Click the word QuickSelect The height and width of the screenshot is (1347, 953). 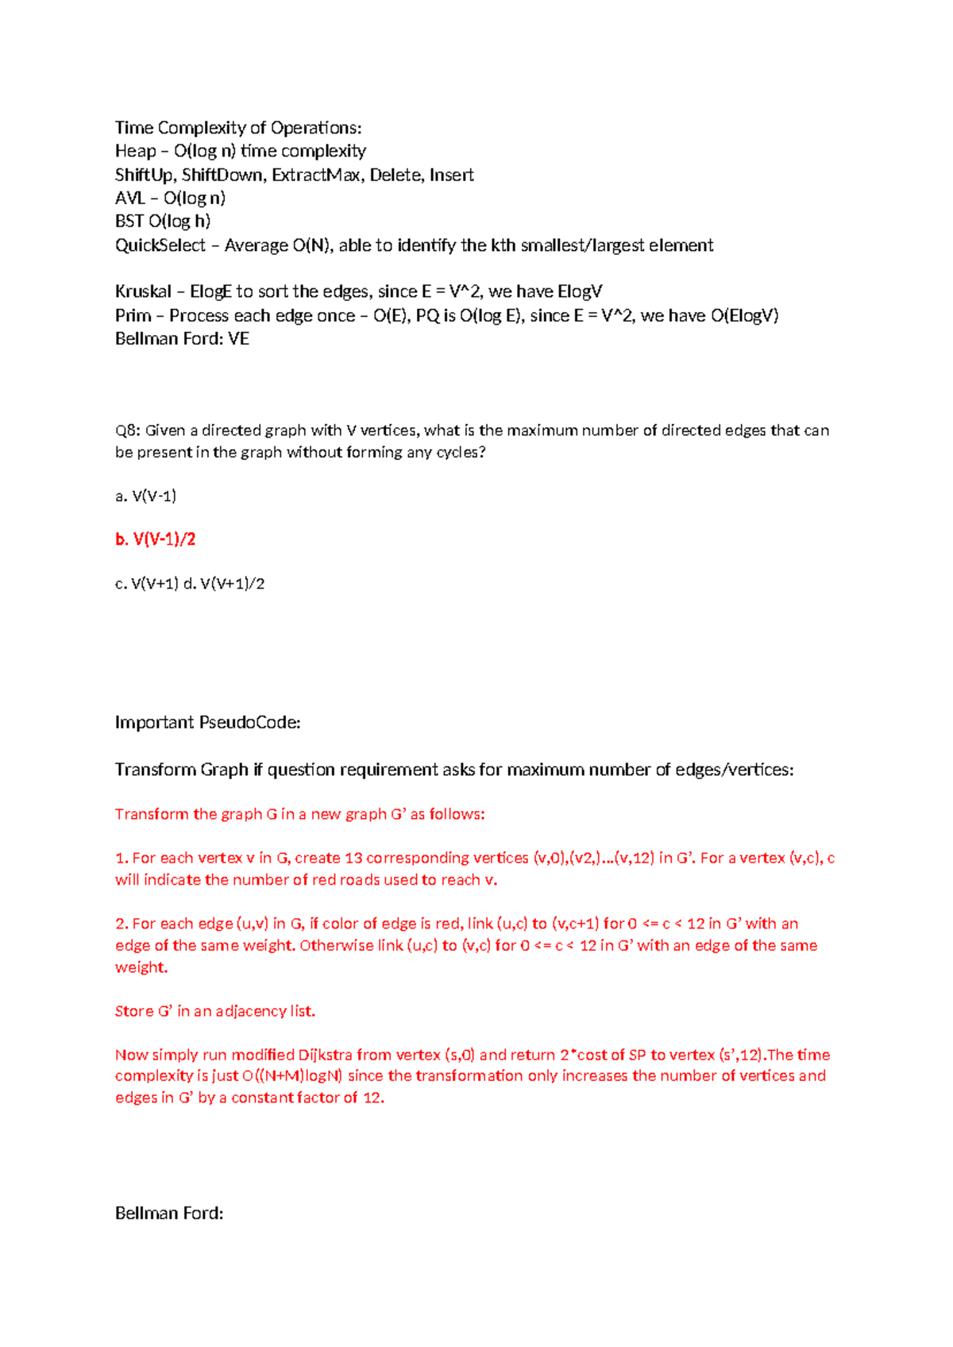click(160, 245)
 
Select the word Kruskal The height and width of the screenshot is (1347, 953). click(143, 291)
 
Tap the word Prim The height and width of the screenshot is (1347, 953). click(133, 315)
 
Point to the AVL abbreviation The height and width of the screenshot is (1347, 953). click(129, 198)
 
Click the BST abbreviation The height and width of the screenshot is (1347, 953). click(129, 221)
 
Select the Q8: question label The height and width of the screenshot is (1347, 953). click(127, 430)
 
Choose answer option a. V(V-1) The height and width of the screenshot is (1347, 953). click(146, 496)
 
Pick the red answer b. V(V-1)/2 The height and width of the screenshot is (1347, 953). click(156, 539)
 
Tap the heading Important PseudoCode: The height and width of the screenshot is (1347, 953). click(207, 722)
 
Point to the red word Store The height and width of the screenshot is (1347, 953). click(133, 1011)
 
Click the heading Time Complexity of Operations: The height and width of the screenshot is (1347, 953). click(238, 128)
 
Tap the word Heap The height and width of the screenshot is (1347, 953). click(135, 151)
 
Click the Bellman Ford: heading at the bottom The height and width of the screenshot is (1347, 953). click(169, 1213)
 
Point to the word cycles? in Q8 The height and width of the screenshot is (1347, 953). click(460, 453)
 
